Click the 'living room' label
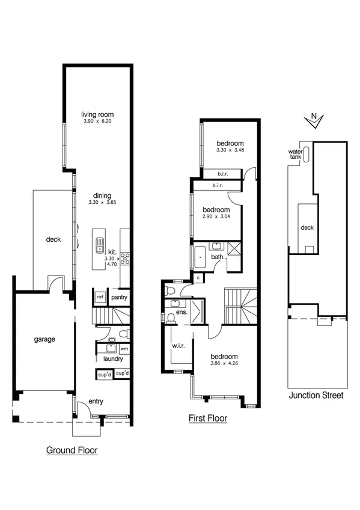[97, 114]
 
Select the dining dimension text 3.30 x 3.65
[97, 203]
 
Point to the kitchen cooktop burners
[126, 259]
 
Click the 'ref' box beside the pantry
[100, 297]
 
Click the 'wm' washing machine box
[124, 348]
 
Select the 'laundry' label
[113, 359]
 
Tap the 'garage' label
[44, 339]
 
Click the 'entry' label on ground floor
[96, 401]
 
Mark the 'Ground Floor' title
[72, 450]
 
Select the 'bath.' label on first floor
[217, 257]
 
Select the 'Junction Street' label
[316, 396]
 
